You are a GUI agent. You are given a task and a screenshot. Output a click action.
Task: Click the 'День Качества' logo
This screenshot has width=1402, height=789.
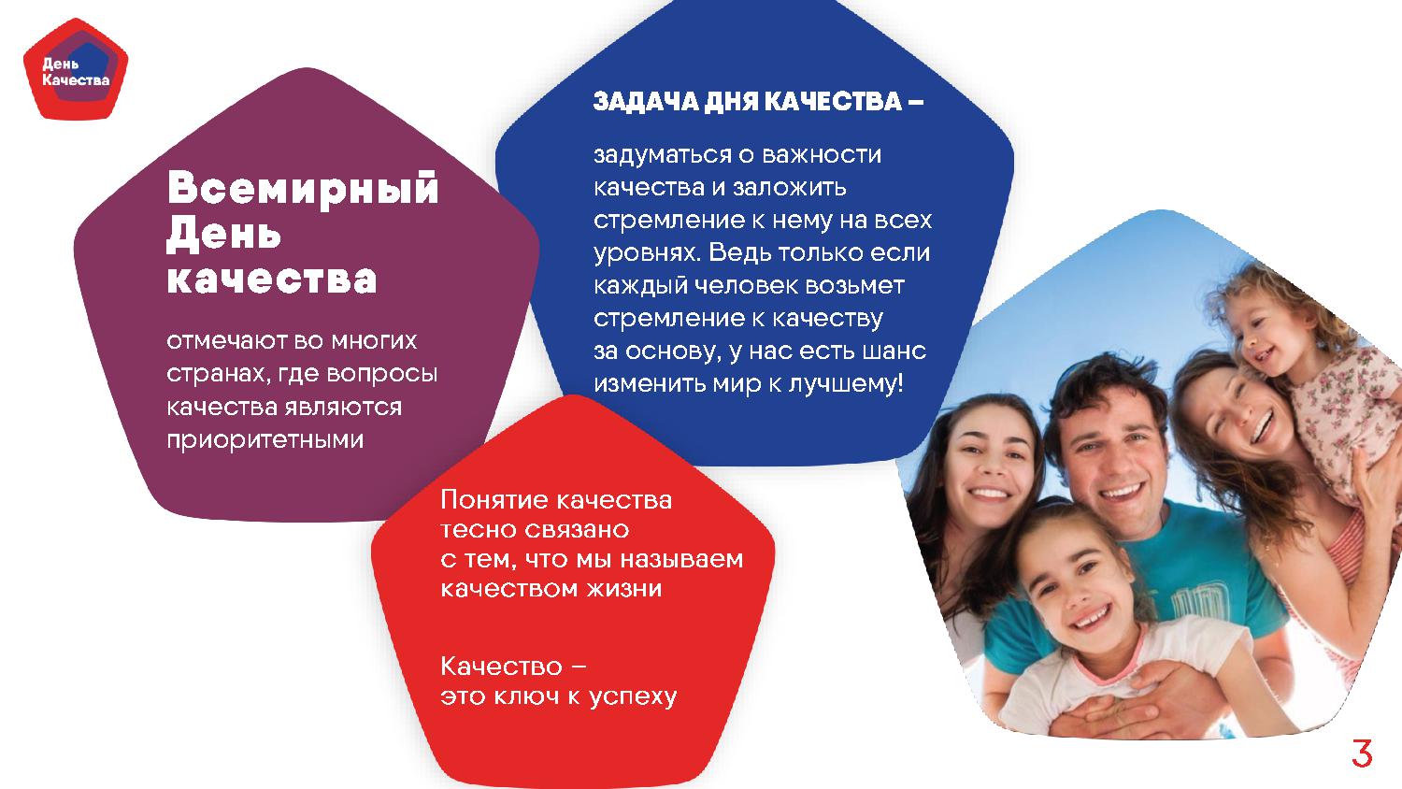76,69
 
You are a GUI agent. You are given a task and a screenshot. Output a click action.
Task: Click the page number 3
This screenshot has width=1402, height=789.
1362,753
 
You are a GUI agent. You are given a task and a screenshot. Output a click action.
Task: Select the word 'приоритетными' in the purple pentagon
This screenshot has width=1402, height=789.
265,439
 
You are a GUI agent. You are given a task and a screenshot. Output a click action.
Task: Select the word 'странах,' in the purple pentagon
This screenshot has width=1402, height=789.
218,375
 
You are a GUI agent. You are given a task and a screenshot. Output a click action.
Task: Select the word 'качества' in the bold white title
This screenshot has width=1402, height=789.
272,280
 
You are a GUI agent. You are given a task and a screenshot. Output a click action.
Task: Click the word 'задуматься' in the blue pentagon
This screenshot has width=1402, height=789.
661,155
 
